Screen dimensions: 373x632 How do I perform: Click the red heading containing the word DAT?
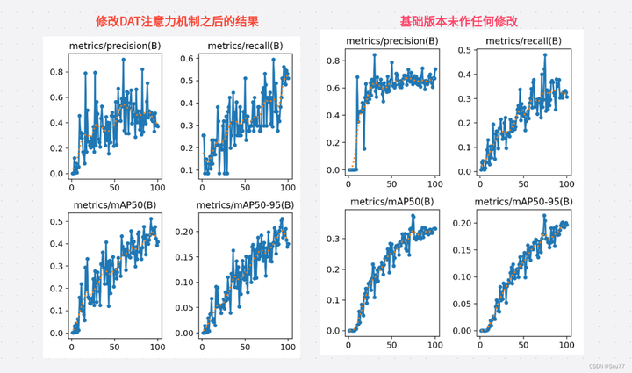click(177, 20)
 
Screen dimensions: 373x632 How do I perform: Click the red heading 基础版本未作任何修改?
click(458, 20)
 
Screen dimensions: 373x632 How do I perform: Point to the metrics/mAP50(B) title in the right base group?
click(391, 202)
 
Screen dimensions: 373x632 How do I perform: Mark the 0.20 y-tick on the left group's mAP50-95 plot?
click(183, 233)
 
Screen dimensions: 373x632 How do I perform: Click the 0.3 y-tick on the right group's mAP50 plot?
click(334, 238)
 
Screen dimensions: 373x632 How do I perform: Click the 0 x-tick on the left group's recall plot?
click(202, 187)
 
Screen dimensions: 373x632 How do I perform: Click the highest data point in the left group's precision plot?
click(124, 60)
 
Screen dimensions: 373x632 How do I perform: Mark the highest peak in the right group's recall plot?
click(545, 55)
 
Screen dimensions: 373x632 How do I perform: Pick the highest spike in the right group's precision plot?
click(374, 54)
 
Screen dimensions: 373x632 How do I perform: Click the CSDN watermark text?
click(606, 366)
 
